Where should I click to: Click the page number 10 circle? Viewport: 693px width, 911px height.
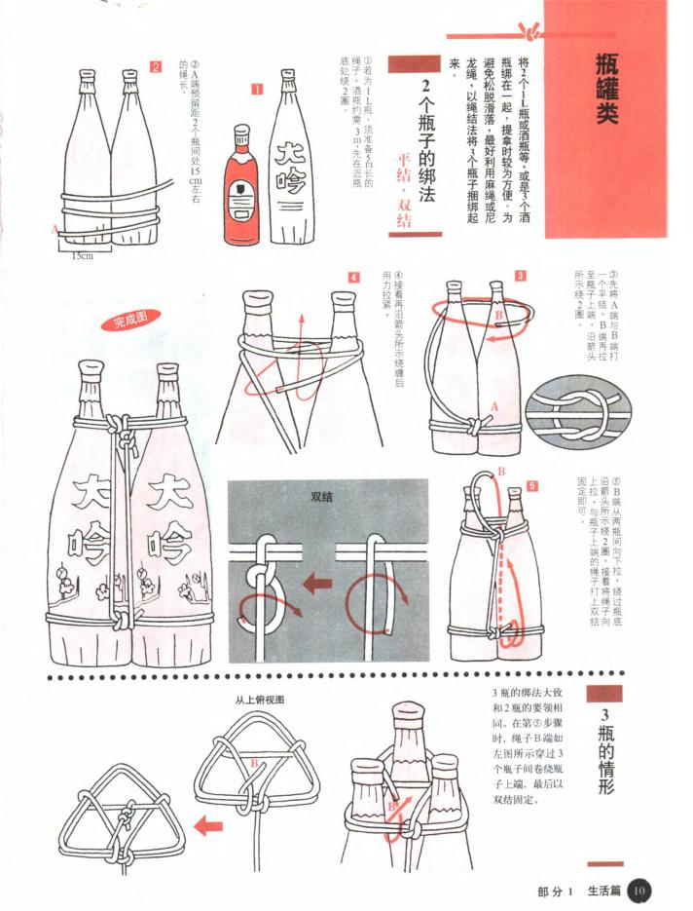point(638,889)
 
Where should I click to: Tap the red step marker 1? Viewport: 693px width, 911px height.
point(257,90)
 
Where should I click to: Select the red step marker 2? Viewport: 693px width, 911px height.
point(155,66)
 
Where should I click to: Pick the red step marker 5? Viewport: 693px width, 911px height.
point(531,484)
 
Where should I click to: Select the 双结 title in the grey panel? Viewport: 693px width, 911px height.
point(321,496)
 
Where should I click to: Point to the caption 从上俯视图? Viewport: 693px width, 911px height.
point(259,699)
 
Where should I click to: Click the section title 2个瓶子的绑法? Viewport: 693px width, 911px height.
point(426,146)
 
